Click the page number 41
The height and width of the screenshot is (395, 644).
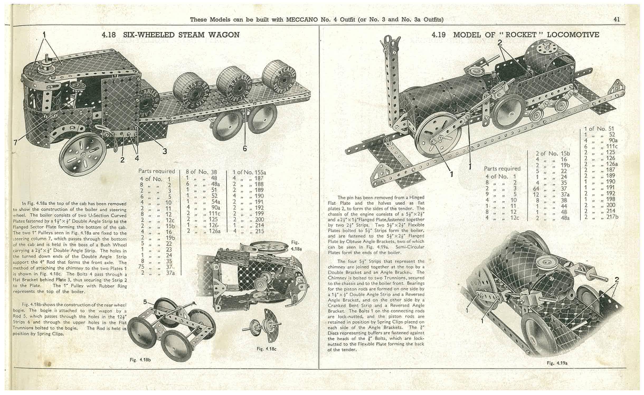pos(617,20)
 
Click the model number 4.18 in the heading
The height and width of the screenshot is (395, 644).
pos(109,35)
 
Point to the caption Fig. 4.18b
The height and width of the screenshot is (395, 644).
pos(140,360)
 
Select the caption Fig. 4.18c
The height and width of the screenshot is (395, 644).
pos(266,349)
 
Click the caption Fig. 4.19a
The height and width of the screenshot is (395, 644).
pos(557,363)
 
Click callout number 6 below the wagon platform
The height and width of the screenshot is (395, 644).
pos(245,148)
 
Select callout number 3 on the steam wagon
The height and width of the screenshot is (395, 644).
pos(164,151)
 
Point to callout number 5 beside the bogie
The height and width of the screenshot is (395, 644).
pos(145,302)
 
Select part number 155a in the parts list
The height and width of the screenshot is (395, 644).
pos(260,173)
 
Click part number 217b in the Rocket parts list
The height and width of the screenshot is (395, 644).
pos(613,217)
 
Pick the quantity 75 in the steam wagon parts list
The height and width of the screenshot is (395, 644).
pos(141,267)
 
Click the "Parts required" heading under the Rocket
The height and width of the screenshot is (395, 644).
pos(502,169)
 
